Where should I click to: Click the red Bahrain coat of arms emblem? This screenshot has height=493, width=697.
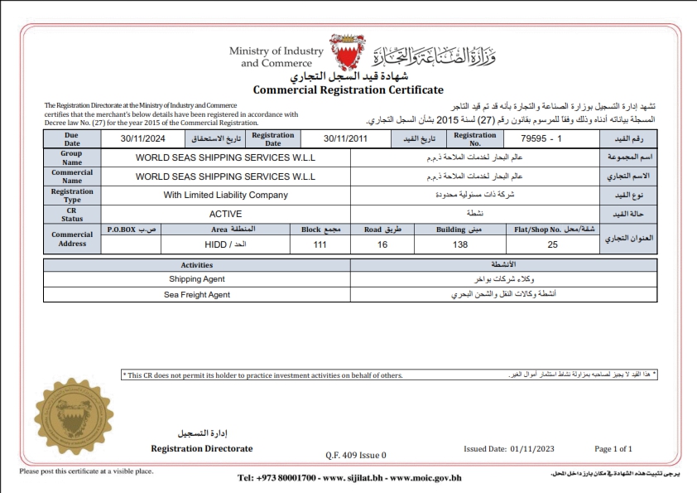pos(347,52)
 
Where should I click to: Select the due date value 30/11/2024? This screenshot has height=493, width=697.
pos(144,138)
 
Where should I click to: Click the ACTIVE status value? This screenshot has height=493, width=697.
pos(225,213)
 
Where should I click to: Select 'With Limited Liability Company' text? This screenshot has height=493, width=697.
pos(225,195)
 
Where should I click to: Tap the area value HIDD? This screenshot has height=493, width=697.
pos(220,245)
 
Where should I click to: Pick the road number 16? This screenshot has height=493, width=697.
pos(382,245)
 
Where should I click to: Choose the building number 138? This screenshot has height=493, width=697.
pos(460,245)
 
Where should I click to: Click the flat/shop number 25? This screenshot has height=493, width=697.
pos(552,245)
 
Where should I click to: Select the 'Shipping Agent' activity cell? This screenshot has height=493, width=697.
pos(197,279)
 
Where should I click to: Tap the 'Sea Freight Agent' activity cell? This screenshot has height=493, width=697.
pos(197,294)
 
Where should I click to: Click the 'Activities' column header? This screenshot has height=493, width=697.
pos(197,265)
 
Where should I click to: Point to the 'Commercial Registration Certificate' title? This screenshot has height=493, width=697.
pos(348,89)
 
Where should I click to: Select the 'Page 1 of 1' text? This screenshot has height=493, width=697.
pos(613,448)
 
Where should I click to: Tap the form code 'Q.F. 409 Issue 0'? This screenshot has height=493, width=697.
pos(356,455)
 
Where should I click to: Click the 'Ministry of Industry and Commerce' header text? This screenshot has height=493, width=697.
pos(276,57)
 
